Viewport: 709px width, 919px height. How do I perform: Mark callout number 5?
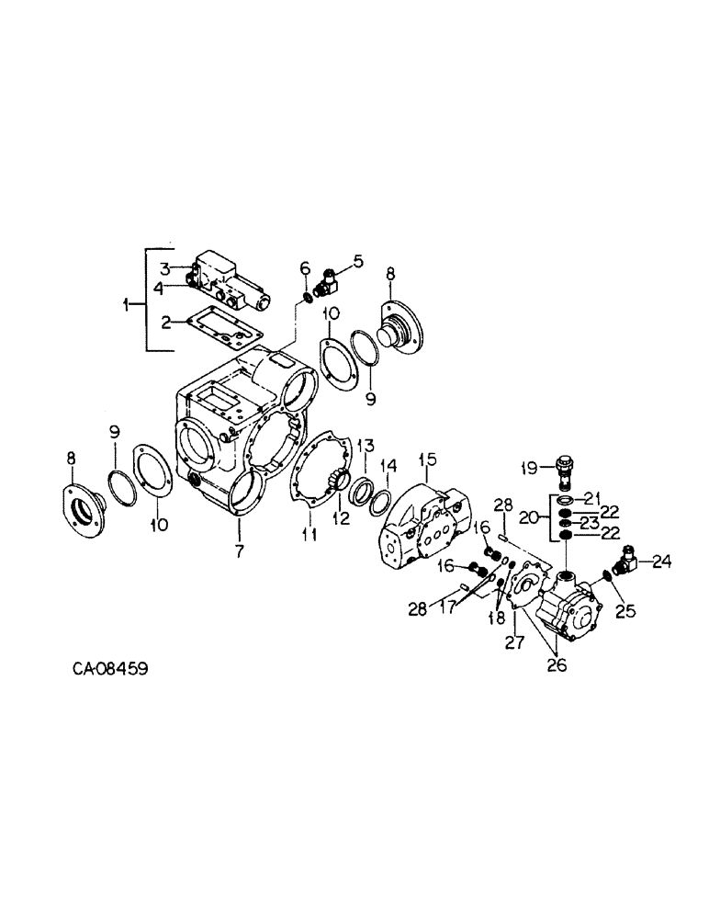(x=357, y=261)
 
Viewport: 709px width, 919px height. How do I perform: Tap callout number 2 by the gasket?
(x=166, y=322)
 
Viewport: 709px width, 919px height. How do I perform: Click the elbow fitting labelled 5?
(x=327, y=279)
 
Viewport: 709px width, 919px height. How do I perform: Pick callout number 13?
(x=365, y=446)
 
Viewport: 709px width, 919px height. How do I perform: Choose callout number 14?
(x=389, y=466)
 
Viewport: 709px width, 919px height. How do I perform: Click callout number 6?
(x=304, y=267)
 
